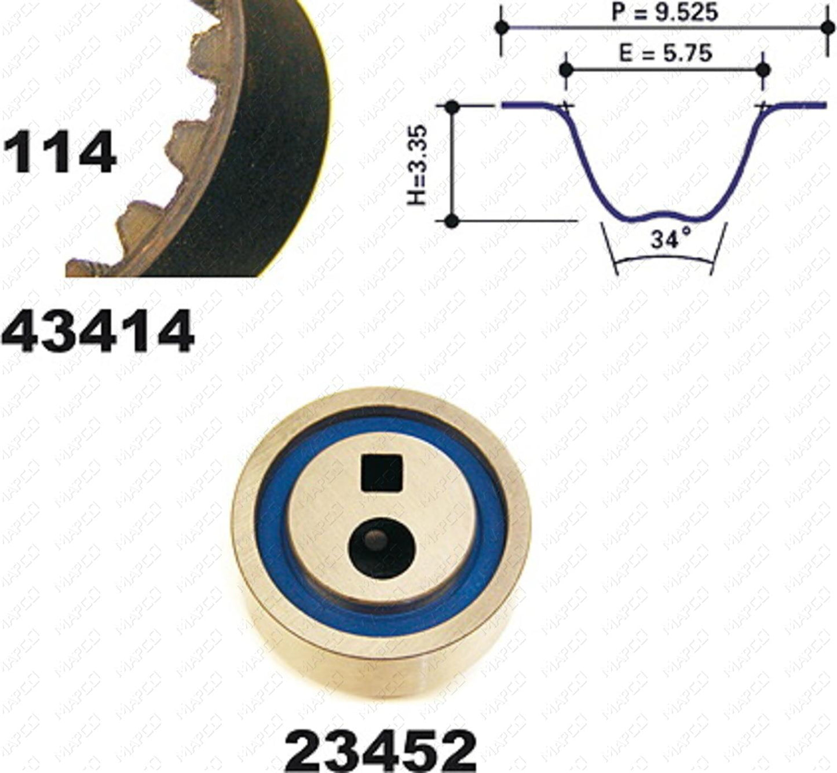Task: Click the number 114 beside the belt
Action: (x=59, y=152)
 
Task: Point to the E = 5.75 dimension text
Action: (x=666, y=53)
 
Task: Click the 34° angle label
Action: (x=671, y=239)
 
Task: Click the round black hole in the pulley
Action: (x=381, y=548)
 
